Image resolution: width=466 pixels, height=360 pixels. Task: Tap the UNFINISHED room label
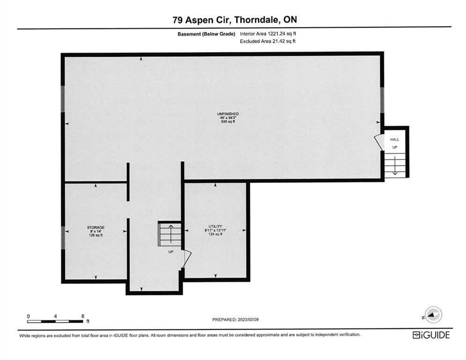[228, 114]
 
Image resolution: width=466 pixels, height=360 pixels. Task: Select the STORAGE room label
[96, 228]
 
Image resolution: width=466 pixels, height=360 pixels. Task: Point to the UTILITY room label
[215, 227]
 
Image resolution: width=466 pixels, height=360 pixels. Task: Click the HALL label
[395, 139]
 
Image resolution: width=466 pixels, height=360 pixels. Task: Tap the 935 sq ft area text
[228, 122]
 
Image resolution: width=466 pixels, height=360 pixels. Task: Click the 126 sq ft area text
[96, 235]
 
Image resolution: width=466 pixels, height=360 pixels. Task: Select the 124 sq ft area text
[215, 234]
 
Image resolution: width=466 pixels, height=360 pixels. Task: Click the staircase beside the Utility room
[170, 234]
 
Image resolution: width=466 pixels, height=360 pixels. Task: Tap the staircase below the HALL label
[395, 165]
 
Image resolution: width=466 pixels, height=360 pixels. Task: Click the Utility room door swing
[187, 259]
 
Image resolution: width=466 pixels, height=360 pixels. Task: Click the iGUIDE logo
[431, 335]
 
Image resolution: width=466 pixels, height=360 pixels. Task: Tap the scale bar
[55, 321]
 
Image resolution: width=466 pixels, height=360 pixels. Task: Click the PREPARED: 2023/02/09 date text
[236, 320]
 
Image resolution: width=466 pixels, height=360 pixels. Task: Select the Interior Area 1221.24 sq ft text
[268, 34]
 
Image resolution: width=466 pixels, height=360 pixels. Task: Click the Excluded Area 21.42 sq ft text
[268, 41]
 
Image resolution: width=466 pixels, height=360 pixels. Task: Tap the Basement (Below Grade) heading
[206, 34]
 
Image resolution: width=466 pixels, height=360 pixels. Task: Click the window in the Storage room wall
[63, 238]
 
